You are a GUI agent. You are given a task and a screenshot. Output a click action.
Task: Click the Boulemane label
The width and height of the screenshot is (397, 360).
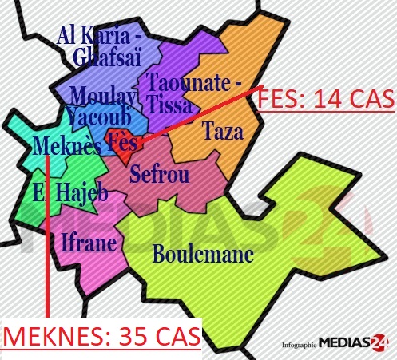[203, 255]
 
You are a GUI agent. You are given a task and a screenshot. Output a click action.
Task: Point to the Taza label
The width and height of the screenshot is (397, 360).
[222, 132]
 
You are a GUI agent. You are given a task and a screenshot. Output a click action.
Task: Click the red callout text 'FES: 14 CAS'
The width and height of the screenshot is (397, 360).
[326, 99]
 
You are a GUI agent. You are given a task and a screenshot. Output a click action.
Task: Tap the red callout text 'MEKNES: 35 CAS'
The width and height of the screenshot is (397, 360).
[101, 336]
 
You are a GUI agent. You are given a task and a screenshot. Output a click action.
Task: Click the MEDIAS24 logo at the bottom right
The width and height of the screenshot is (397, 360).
[355, 345]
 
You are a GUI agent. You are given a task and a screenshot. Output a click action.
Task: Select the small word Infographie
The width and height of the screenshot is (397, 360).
[299, 346]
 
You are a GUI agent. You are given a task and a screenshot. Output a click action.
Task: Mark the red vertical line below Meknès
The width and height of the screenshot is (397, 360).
[47, 239]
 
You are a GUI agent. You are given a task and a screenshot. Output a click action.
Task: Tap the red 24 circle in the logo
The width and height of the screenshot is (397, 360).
[381, 344]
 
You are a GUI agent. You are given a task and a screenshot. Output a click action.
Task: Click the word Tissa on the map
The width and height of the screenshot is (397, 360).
[169, 105]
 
